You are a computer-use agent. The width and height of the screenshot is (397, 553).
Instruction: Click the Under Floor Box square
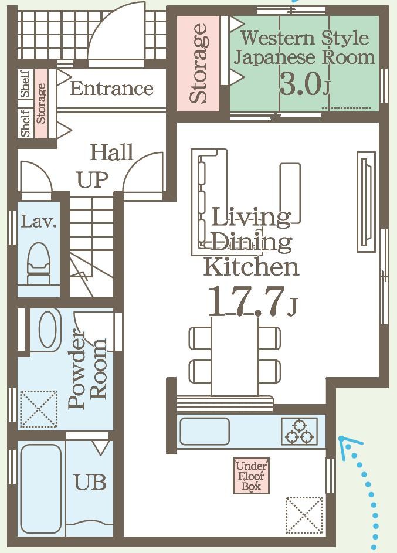point(251,476)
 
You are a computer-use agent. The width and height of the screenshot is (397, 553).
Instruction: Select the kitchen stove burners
point(299,431)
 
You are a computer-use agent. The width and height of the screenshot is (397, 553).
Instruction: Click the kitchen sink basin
point(205,431)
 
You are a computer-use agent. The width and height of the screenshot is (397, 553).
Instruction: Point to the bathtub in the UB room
point(40,489)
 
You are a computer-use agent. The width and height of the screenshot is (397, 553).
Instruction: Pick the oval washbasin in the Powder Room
point(49,330)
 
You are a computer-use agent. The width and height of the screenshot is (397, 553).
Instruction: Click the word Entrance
point(111,88)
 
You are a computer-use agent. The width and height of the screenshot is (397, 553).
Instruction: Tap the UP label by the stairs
point(93,180)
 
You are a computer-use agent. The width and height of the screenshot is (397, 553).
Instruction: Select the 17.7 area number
point(246,301)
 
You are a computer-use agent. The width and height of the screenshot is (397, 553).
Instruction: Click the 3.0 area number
point(300,84)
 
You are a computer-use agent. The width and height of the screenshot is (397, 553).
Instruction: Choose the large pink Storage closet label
point(198,63)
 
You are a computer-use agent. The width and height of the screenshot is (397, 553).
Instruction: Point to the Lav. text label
point(39,222)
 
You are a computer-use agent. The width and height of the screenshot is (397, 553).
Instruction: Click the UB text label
point(90,482)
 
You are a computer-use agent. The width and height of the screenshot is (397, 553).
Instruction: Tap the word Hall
point(112,152)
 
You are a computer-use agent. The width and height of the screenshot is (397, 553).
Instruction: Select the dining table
point(235,356)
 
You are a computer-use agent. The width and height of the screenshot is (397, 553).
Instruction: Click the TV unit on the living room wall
point(366,202)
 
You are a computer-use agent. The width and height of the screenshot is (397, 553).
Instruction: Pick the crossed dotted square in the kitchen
point(304,515)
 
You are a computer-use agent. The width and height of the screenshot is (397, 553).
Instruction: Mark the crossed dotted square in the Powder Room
point(39,409)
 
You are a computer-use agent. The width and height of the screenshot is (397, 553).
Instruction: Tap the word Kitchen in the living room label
point(251,267)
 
